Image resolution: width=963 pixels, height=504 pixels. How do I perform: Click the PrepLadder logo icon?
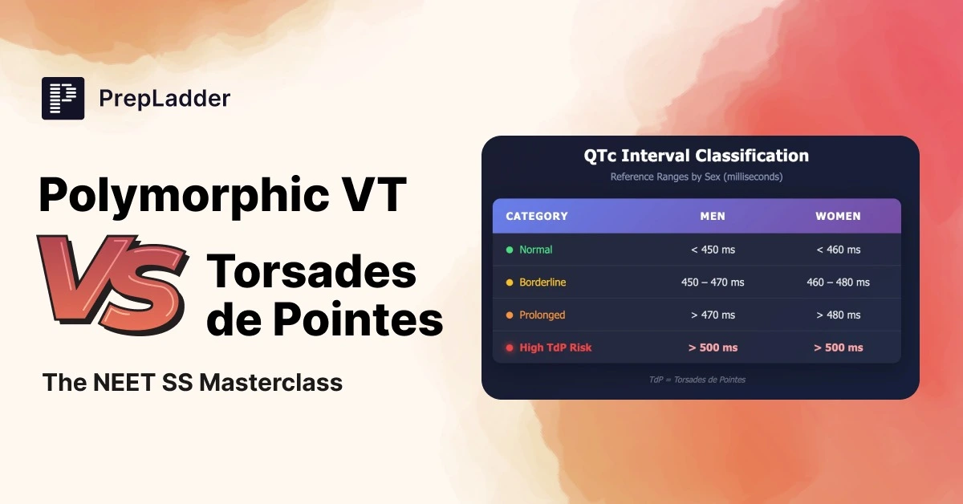(x=63, y=98)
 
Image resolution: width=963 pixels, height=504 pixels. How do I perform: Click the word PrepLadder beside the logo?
(x=165, y=99)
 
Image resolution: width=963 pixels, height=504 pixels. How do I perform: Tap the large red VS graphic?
(x=112, y=284)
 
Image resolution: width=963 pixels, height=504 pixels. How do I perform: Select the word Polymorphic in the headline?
(x=184, y=195)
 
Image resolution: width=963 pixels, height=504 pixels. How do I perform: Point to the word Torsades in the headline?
(x=311, y=272)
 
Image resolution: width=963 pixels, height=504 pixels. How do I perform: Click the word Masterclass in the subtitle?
(x=271, y=382)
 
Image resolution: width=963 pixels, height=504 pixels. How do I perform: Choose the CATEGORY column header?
(x=537, y=216)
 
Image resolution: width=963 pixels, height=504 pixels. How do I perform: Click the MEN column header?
(x=713, y=216)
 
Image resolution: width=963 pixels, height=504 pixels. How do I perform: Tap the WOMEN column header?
(x=839, y=216)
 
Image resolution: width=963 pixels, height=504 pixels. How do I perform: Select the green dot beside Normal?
(x=510, y=250)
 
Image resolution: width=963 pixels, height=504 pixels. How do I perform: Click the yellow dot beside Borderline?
(x=510, y=282)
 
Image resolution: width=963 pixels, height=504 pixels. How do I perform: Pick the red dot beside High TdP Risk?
(x=510, y=348)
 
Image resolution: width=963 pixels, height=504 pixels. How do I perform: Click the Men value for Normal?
(x=713, y=250)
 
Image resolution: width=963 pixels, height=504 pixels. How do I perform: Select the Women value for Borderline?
(x=839, y=282)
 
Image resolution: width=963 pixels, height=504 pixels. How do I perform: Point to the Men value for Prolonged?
(x=713, y=315)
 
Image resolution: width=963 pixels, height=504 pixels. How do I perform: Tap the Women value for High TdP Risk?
(x=839, y=348)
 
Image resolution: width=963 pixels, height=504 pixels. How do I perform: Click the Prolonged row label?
(x=542, y=315)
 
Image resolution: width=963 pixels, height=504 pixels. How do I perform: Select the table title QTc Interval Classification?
(x=696, y=156)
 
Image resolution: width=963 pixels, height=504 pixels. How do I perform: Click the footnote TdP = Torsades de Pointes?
(x=697, y=380)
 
